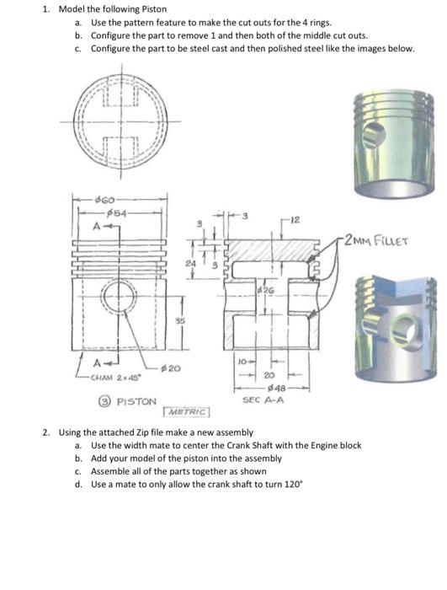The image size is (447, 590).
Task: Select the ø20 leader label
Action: pos(168,368)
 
